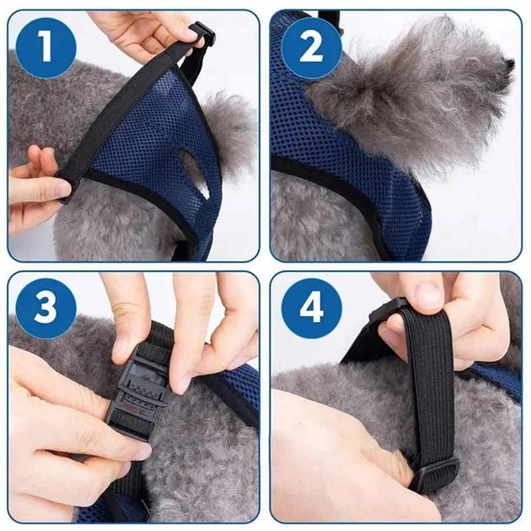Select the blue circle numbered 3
click(45, 309)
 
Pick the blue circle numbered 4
click(311, 309)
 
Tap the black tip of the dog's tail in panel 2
click(507, 62)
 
